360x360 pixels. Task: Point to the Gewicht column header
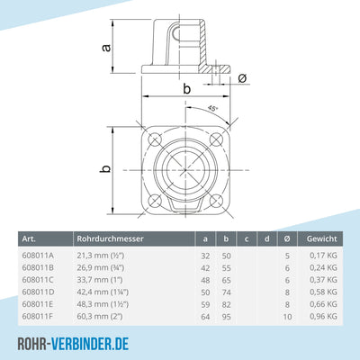click(x=322, y=238)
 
